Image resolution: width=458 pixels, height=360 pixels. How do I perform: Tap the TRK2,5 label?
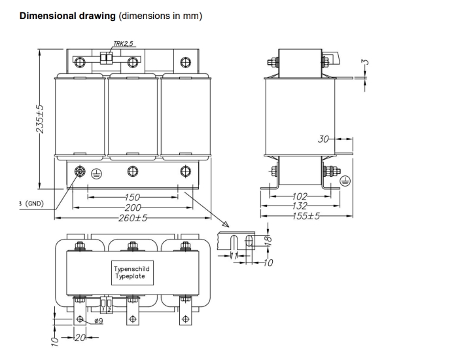(x=124, y=44)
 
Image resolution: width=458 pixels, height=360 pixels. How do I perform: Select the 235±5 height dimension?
(x=40, y=117)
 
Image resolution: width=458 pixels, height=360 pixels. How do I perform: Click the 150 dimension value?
(x=133, y=198)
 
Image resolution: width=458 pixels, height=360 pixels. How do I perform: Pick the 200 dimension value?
(x=133, y=207)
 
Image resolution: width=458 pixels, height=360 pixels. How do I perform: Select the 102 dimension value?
(x=300, y=195)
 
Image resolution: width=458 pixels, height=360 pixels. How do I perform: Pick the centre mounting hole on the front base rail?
(x=132, y=171)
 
